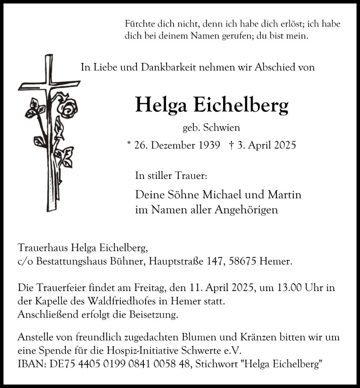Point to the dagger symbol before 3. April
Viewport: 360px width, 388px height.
(232, 145)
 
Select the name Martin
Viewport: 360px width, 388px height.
(285, 194)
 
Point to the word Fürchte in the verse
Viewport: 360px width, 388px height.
(139, 25)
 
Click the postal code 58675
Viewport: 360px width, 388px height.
(240, 261)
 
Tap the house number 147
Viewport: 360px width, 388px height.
(211, 261)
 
